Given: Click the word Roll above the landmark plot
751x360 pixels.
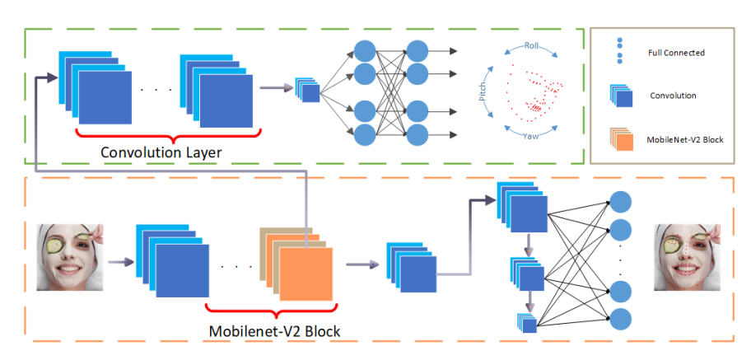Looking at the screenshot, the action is [x=531, y=46].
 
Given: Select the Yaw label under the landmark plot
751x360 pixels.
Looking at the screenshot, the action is [x=530, y=136].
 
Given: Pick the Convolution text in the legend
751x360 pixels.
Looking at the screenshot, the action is [x=673, y=96].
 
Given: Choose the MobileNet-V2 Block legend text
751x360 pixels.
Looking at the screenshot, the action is [x=685, y=139].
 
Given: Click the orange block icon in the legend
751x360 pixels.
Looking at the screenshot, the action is [x=621, y=139].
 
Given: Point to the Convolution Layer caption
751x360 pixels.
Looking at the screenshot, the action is [x=161, y=152].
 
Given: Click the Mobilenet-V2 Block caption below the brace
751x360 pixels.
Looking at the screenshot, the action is [x=274, y=331].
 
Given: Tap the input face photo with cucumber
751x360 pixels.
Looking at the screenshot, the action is [x=71, y=257].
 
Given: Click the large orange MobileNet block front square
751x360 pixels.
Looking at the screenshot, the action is [x=306, y=274].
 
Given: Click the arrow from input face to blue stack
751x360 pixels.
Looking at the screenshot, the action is [x=120, y=262].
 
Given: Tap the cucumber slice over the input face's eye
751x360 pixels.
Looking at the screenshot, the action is [x=55, y=245].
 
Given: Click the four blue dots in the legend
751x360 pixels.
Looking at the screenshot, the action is [x=620, y=51].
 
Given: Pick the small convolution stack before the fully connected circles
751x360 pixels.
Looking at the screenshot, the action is [x=307, y=90].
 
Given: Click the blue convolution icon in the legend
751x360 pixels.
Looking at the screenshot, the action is [x=621, y=96].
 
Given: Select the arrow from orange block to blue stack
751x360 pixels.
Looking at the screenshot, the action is [x=360, y=264].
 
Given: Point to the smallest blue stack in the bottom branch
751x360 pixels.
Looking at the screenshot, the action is [x=526, y=323].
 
